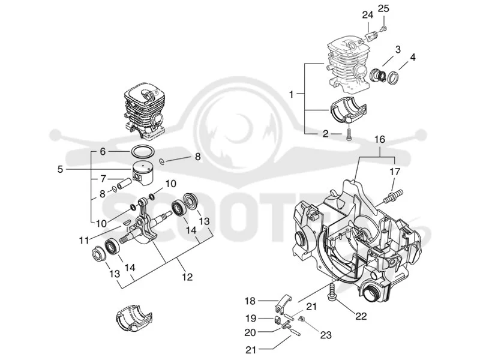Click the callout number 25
(383, 8)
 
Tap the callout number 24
(368, 14)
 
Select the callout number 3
(398, 50)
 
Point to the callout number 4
(413, 57)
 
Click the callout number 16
(380, 140)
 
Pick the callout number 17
(395, 172)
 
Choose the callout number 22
(361, 316)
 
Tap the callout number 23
(326, 335)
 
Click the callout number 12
(187, 277)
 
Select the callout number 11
(83, 241)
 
